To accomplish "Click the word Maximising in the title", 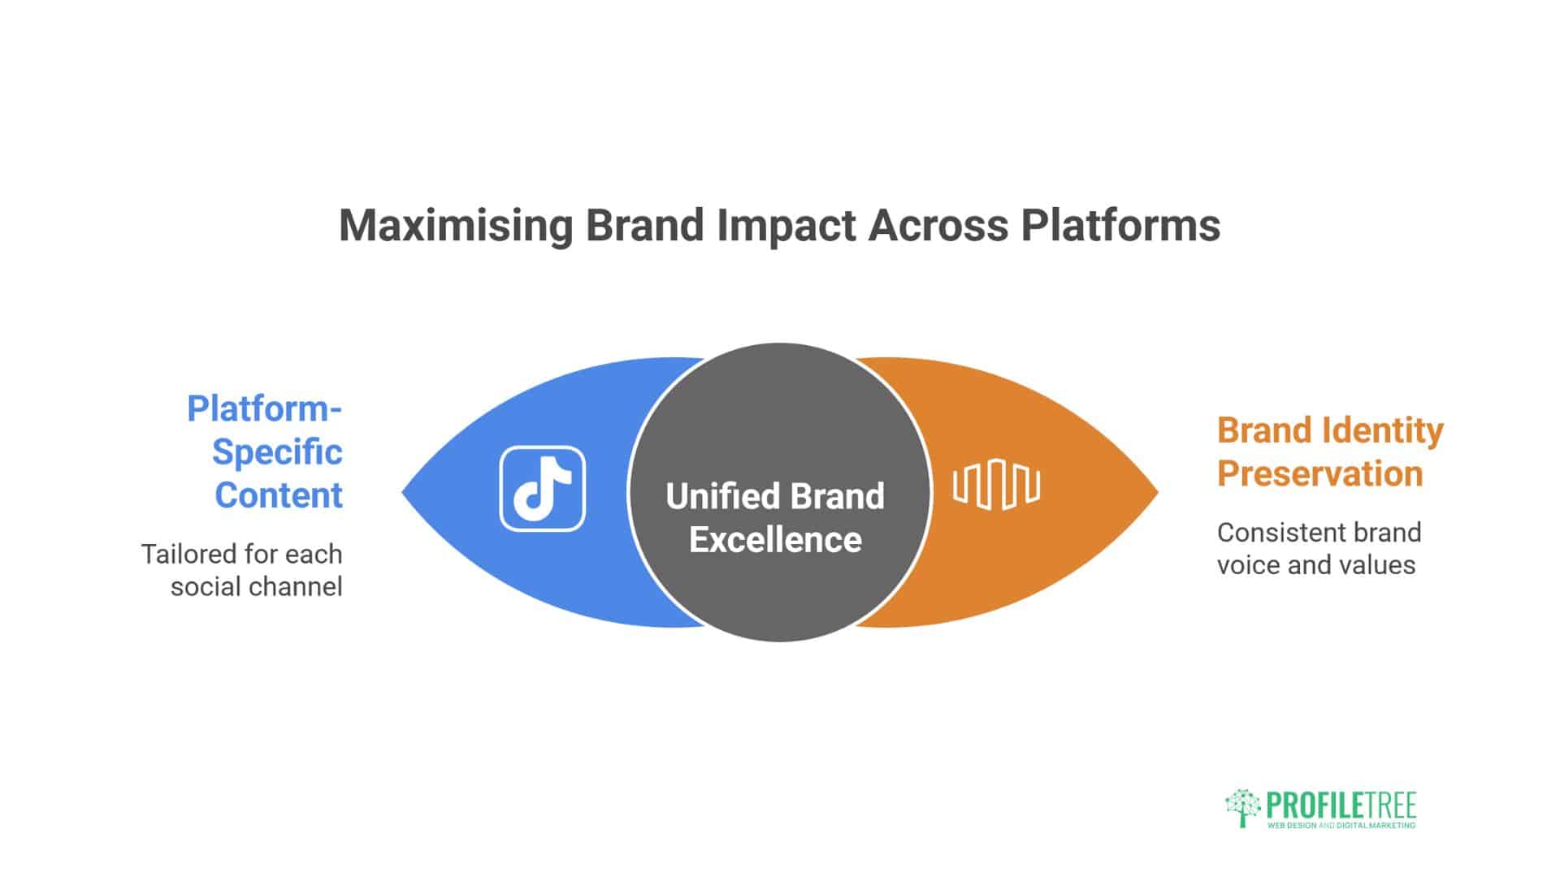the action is [457, 226].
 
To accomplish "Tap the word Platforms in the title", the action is [1120, 225].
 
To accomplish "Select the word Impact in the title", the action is [786, 226].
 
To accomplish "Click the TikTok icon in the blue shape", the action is [542, 489].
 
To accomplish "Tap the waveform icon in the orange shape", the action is [996, 486].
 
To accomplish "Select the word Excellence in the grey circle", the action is [775, 540].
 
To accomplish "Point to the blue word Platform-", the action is [265, 408].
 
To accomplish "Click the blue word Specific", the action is [277, 452].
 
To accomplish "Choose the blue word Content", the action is [279, 495].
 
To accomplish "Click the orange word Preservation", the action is [1320, 473].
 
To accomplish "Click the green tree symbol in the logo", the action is [1243, 808].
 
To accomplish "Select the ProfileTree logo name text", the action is [1341, 806].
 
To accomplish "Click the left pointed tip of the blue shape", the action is [402, 491].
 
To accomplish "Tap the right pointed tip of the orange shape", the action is [1158, 491].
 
